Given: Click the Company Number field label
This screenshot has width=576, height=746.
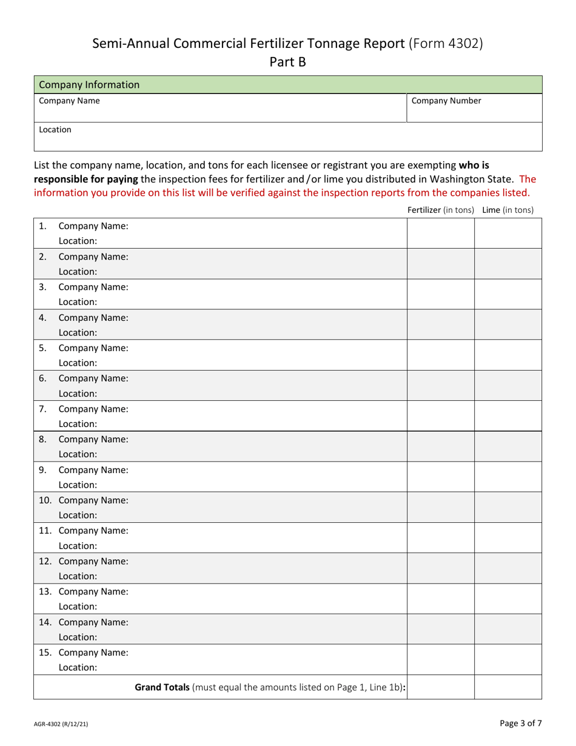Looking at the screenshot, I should click(446, 101).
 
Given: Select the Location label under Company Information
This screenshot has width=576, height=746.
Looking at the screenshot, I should click(55, 130).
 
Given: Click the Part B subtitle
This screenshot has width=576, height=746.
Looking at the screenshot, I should click(287, 62).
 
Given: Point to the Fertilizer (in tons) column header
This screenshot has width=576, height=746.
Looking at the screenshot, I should click(440, 210).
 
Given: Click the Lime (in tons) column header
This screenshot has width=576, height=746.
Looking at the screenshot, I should click(507, 210).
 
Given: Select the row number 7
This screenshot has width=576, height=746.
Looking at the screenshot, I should click(42, 409).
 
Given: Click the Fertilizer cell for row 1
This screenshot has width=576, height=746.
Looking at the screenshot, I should click(440, 234).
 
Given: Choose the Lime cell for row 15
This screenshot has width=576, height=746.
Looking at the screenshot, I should click(507, 660).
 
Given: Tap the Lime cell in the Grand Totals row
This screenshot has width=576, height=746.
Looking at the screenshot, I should click(507, 687).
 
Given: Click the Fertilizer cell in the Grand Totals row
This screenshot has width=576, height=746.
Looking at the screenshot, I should click(440, 687).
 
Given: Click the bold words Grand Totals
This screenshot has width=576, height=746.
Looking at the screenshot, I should click(162, 687).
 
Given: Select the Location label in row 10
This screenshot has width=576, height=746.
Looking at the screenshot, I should click(78, 515).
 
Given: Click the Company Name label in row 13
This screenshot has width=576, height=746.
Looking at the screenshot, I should click(93, 591).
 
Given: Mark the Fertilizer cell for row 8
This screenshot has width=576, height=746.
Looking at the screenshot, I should click(440, 446).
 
